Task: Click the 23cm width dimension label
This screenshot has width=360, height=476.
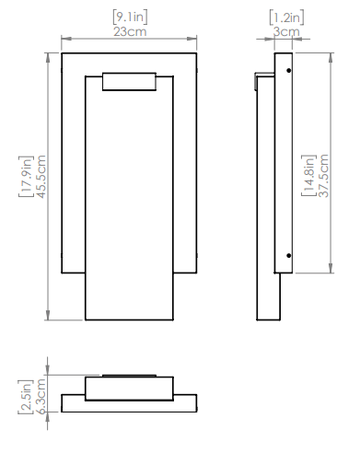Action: [x=130, y=32]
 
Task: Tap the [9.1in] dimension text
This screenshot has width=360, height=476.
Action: [x=130, y=17]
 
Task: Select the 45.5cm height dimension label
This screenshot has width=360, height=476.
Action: [x=41, y=177]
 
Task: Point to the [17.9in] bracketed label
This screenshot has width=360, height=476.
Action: [x=26, y=177]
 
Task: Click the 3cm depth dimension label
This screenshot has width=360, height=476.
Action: [x=286, y=32]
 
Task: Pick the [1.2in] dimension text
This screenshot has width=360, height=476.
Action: [x=286, y=17]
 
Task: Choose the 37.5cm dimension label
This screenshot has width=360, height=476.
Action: [x=323, y=176]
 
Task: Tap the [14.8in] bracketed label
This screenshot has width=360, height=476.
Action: [x=308, y=176]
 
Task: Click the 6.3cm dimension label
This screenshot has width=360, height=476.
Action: [x=41, y=397]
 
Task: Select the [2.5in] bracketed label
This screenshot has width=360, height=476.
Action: [x=26, y=397]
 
